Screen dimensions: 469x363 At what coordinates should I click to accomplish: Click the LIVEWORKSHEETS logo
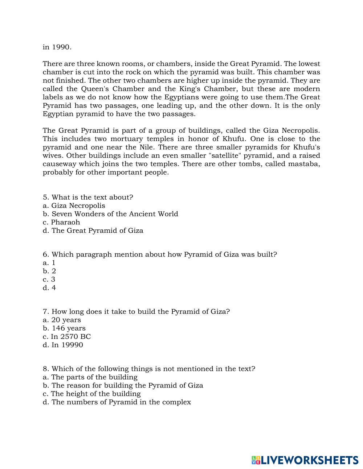[x=305, y=460]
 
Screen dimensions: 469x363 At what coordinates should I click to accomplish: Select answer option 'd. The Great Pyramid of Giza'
[x=93, y=231]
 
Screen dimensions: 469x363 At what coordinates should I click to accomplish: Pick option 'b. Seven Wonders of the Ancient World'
[x=110, y=214]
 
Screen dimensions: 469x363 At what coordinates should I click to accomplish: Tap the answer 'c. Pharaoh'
[x=61, y=222]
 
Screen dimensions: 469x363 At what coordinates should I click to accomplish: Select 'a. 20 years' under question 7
[x=62, y=320]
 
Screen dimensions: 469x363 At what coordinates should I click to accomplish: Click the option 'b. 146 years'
[x=64, y=328]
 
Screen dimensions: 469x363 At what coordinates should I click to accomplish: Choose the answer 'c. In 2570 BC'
[x=66, y=336]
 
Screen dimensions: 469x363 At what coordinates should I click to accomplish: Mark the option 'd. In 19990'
[x=62, y=345]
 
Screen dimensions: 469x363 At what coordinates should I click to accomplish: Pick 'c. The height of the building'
[x=91, y=394]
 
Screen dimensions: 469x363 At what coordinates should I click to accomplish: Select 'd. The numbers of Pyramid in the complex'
[x=117, y=402]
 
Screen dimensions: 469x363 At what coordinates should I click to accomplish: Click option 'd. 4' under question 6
[x=49, y=288]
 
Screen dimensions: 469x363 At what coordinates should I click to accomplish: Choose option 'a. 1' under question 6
[x=49, y=263]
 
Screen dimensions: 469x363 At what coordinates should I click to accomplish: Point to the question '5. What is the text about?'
[x=88, y=197]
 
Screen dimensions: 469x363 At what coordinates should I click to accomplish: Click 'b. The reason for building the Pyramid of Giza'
[x=123, y=385]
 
